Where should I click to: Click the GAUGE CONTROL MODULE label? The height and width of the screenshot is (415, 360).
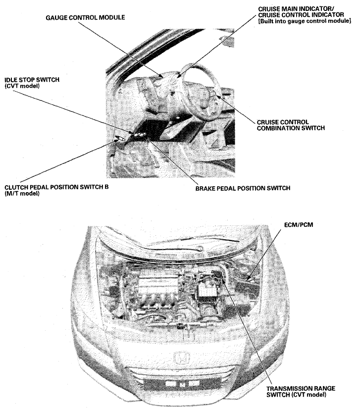point(85,17)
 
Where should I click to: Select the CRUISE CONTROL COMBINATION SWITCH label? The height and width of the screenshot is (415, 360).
point(290,125)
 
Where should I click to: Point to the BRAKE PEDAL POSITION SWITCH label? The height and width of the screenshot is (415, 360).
point(242,188)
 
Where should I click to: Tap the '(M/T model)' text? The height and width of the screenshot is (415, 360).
point(22,194)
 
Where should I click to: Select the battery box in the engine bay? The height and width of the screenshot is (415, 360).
point(208,292)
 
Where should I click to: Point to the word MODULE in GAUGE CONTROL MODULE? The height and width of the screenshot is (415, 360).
point(112,17)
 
